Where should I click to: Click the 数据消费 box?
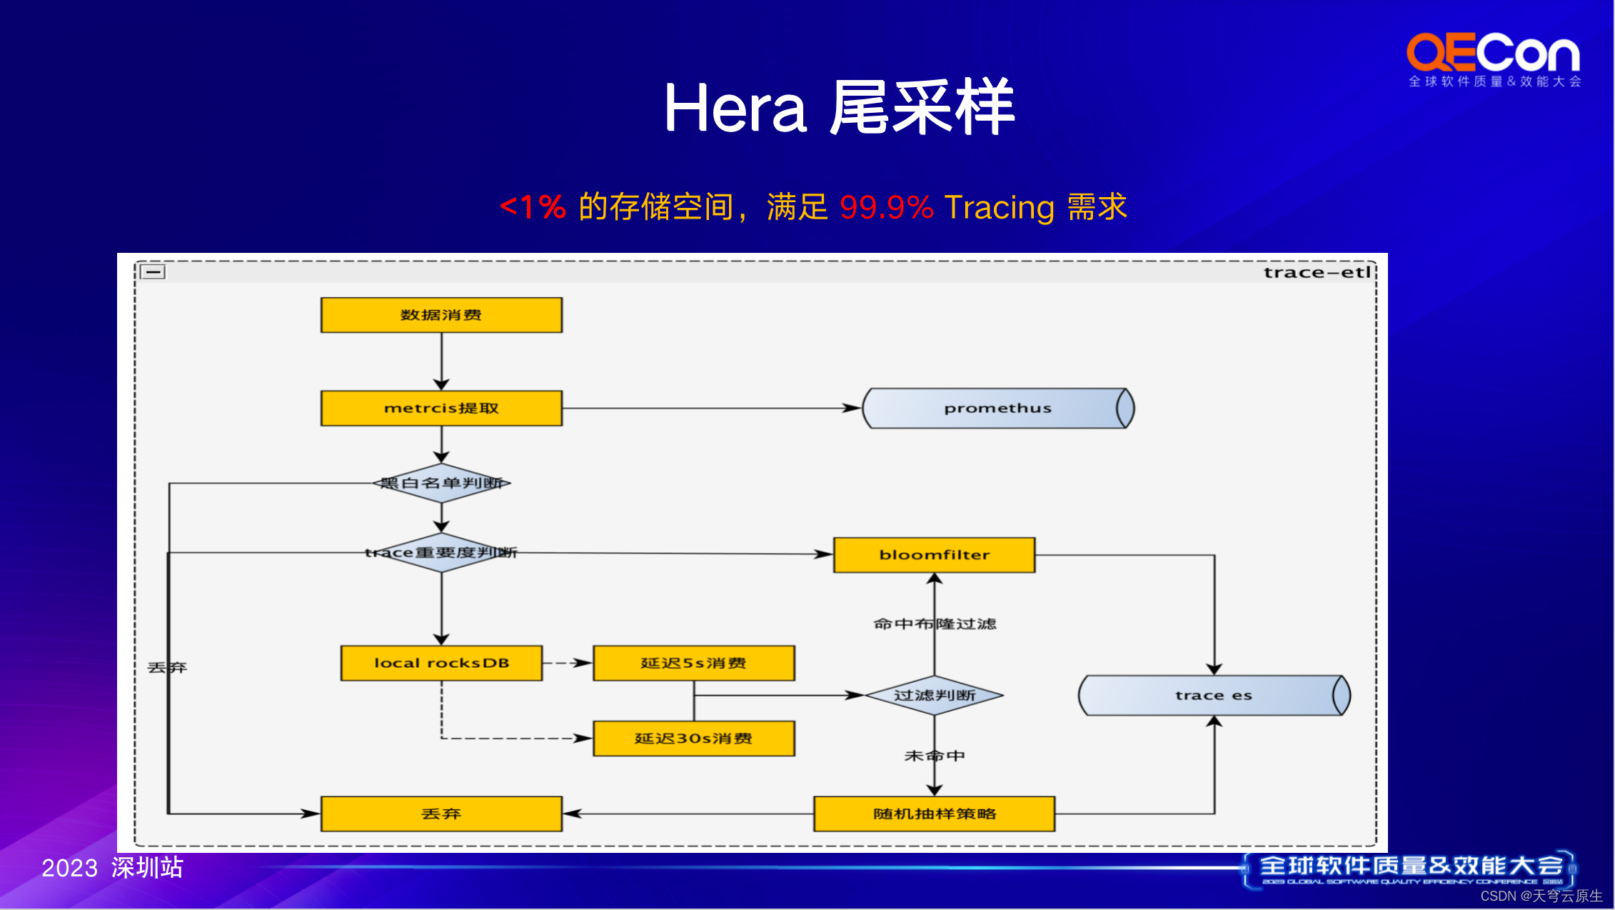[x=441, y=315]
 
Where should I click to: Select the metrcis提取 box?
[x=441, y=408]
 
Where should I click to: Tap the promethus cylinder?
[x=997, y=408]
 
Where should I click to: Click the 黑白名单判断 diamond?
[x=441, y=483]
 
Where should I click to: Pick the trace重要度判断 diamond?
[x=441, y=552]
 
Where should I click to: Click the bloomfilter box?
[x=934, y=555]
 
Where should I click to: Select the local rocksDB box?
[x=441, y=663]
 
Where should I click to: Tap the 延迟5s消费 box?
[x=693, y=663]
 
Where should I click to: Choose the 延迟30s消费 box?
[x=693, y=739]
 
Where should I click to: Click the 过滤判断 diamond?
[x=934, y=695]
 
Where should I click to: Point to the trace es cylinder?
[x=1213, y=695]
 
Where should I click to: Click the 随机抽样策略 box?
[x=934, y=814]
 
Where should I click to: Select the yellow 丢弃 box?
[x=441, y=814]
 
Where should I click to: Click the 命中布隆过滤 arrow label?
[x=934, y=624]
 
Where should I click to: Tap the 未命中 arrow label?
[x=934, y=756]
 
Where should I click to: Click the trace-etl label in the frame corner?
[x=1317, y=272]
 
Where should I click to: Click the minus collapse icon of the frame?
[x=153, y=272]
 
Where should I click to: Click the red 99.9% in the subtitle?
[x=886, y=207]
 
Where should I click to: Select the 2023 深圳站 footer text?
[x=112, y=868]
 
